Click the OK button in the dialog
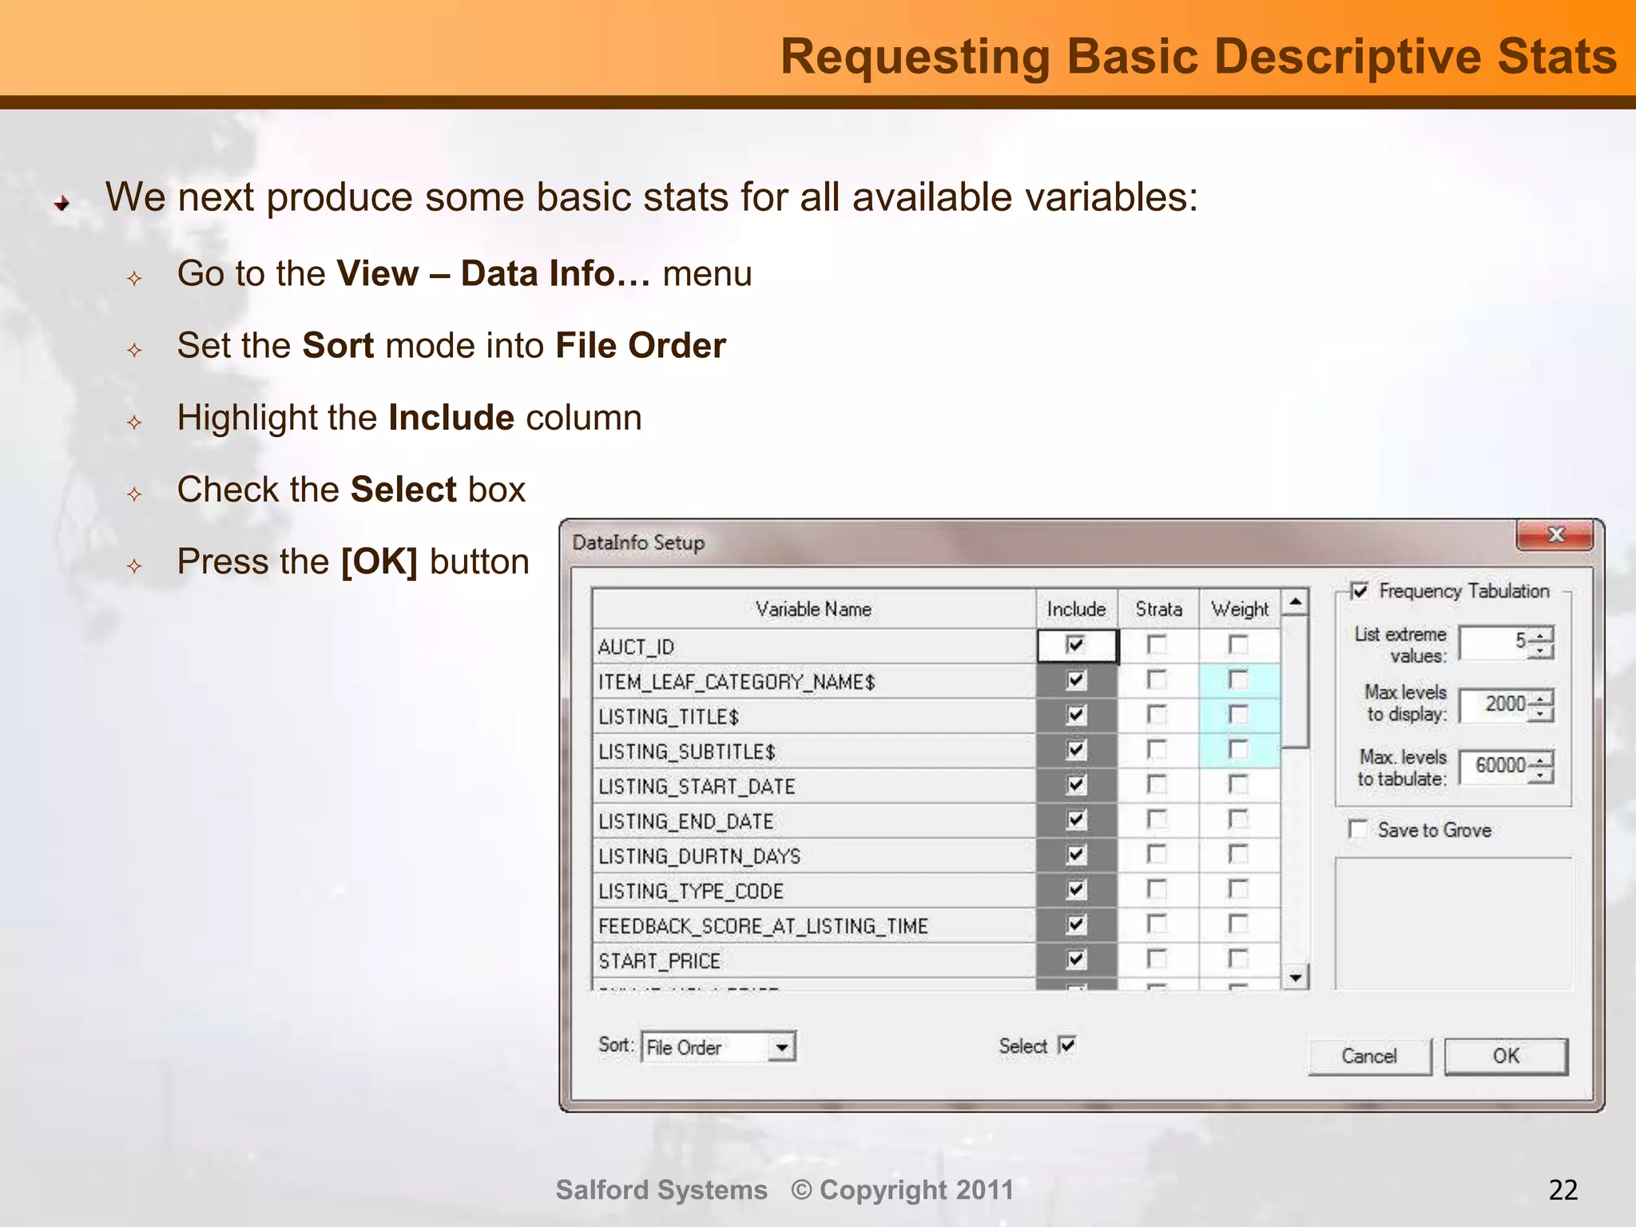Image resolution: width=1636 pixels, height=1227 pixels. [x=1506, y=1056]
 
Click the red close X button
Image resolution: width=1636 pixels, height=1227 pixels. [x=1555, y=534]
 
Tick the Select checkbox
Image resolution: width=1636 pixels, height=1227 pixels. [x=1067, y=1045]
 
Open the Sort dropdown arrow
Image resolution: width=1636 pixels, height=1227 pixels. [x=782, y=1047]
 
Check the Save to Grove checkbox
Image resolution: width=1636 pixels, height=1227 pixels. [x=1358, y=829]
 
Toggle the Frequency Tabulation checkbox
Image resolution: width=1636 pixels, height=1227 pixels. [x=1360, y=591]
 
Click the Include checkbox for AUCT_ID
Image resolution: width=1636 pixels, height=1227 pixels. [x=1076, y=645]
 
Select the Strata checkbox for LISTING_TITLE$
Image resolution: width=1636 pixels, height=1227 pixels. [x=1157, y=714]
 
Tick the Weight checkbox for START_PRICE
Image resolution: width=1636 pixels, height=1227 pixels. [x=1238, y=959]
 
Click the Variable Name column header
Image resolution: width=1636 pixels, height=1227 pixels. [x=813, y=610]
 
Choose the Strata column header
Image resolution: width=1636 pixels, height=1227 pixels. [x=1158, y=610]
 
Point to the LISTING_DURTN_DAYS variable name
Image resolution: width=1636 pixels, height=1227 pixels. [x=699, y=856]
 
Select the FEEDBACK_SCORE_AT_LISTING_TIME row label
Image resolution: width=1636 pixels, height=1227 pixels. [x=763, y=926]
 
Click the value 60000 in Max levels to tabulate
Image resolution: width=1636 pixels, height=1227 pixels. [x=1499, y=765]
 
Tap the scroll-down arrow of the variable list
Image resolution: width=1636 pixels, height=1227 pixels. [x=1296, y=977]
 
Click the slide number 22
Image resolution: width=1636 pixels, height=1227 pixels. [x=1563, y=1190]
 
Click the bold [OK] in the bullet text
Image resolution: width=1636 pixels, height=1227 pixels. [x=379, y=562]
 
